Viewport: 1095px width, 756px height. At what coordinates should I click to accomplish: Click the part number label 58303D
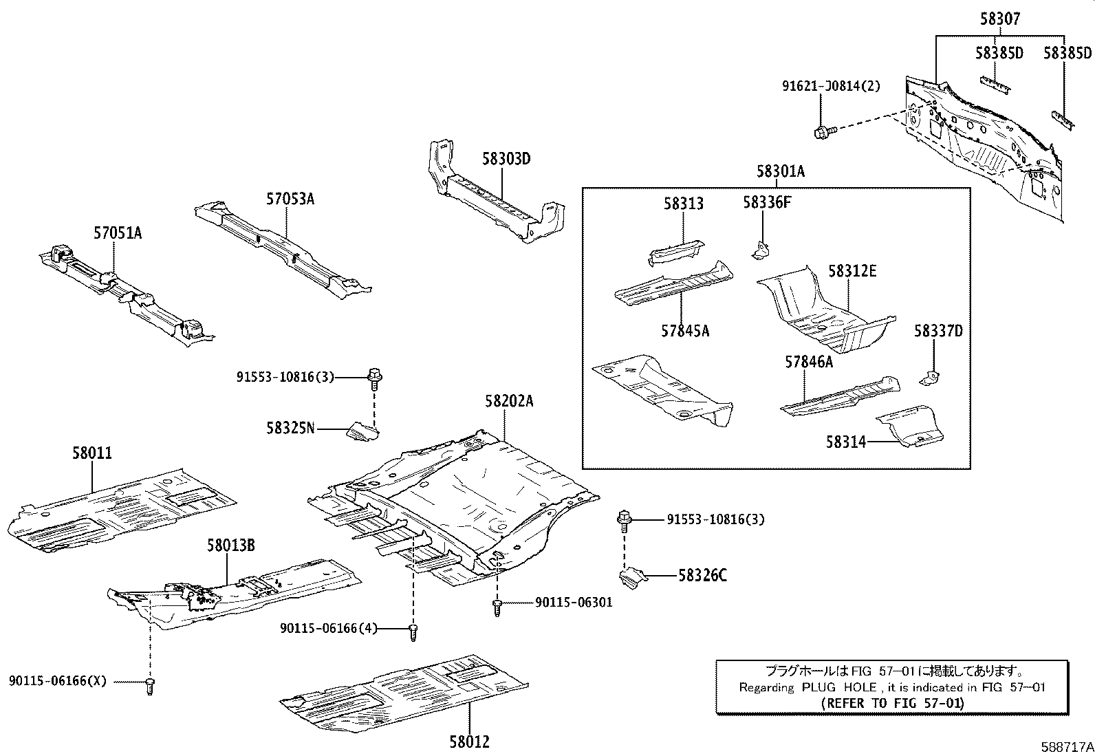coord(506,159)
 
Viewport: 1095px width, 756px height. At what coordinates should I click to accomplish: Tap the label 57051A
coord(118,233)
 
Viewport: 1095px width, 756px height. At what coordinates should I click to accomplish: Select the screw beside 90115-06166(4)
coord(413,631)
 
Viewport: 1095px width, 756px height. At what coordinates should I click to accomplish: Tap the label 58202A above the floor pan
coord(509,401)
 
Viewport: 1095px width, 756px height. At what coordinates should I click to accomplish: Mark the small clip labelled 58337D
coord(931,378)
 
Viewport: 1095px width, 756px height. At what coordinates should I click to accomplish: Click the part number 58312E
coord(852,271)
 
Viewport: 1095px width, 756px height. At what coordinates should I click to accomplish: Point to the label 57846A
coord(809,362)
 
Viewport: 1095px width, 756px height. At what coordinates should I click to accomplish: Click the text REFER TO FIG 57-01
coord(892,702)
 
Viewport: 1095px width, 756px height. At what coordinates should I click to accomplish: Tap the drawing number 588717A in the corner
coord(1066,746)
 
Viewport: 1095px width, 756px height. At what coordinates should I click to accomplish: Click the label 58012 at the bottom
coord(470,742)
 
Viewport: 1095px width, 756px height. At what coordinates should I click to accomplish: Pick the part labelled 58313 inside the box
coord(676,252)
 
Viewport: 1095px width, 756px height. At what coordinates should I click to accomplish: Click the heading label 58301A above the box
coord(780,171)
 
